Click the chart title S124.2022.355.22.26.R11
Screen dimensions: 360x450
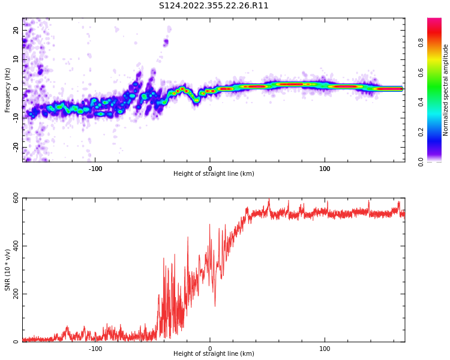tap(214, 6)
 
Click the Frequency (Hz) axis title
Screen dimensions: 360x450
tap(8, 89)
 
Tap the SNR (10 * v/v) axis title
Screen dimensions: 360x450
tap(8, 270)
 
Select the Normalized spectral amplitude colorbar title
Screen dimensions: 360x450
tap(446, 90)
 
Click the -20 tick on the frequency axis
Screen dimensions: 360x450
tap(16, 147)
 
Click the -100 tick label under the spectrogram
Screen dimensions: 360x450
tap(95, 169)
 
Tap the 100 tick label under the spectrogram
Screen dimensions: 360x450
tap(325, 169)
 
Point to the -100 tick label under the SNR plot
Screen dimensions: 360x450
tap(95, 349)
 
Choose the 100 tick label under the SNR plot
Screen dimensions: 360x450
tap(325, 349)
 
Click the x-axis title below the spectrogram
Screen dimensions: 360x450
tap(214, 174)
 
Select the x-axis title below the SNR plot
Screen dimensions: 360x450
tap(214, 354)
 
